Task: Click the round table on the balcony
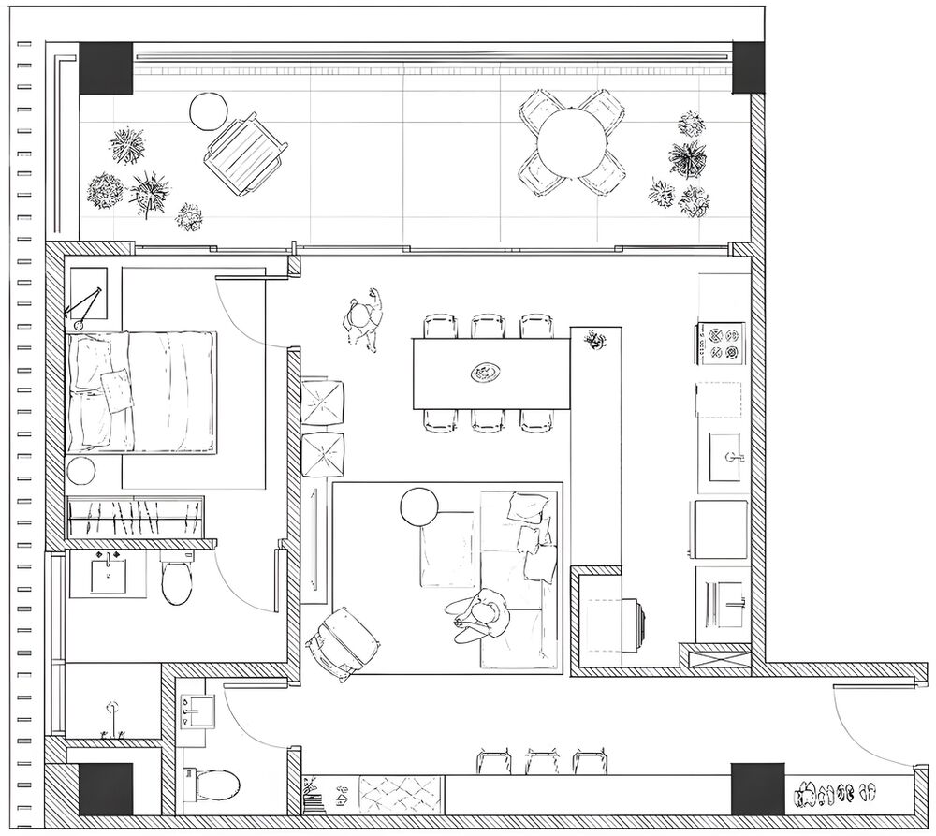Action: (x=572, y=143)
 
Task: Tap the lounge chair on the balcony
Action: (x=245, y=153)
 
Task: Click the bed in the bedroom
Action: (x=142, y=391)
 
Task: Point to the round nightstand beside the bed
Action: (x=81, y=470)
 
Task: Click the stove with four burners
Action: (x=720, y=344)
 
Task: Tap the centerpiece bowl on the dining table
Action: (x=487, y=373)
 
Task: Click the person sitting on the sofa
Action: (x=479, y=616)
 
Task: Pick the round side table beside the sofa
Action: (x=419, y=507)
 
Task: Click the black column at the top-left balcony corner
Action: (x=106, y=69)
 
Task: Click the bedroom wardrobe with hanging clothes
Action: (x=136, y=518)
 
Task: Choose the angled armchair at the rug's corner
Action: (x=343, y=644)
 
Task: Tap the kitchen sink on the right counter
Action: (x=726, y=457)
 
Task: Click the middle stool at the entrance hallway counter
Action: (x=543, y=760)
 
